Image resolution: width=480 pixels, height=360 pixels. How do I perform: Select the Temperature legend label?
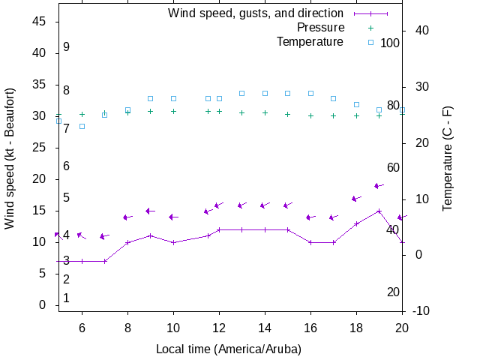[x=310, y=41]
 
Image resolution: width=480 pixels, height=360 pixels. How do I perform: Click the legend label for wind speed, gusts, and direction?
[x=256, y=13]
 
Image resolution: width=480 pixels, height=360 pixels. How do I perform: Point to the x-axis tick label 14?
[x=265, y=328]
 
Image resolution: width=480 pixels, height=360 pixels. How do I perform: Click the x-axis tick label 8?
[x=127, y=328]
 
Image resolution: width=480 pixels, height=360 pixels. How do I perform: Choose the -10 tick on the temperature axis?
[x=420, y=310]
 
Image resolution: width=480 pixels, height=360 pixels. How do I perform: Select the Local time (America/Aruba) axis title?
[x=229, y=349]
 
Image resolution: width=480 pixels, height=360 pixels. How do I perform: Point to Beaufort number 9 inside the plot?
[x=67, y=46]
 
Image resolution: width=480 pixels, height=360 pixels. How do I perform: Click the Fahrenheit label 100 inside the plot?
[x=390, y=43]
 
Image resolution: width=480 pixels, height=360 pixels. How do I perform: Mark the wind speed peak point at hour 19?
[x=379, y=211]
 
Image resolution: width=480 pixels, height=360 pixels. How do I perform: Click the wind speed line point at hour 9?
[x=151, y=235]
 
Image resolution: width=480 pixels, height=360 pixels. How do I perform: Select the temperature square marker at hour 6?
[x=82, y=126]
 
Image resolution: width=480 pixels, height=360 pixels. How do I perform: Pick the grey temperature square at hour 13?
[x=241, y=93]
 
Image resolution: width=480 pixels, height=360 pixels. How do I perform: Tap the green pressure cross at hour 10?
[x=173, y=111]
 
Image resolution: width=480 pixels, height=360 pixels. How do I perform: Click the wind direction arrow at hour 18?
[x=357, y=199]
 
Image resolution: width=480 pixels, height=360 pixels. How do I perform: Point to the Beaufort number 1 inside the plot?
[x=67, y=298]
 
